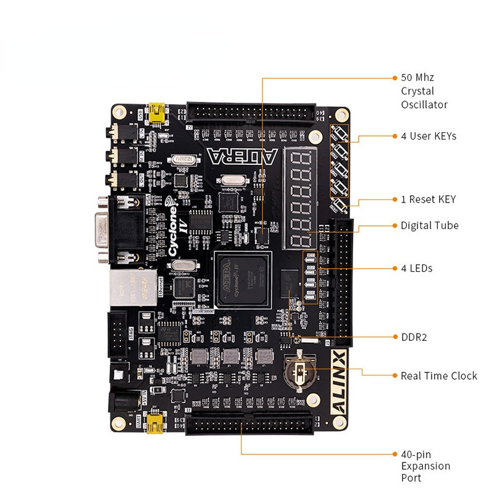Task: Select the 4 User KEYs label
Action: click(x=429, y=136)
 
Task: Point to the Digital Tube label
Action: click(x=429, y=225)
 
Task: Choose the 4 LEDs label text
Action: click(x=416, y=268)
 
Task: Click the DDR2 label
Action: click(x=414, y=337)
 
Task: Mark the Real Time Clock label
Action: click(x=438, y=375)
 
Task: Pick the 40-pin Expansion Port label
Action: click(x=425, y=466)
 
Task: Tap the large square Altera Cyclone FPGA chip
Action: click(x=243, y=279)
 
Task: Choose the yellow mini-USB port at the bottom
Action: click(x=156, y=424)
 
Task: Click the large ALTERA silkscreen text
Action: click(x=242, y=156)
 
